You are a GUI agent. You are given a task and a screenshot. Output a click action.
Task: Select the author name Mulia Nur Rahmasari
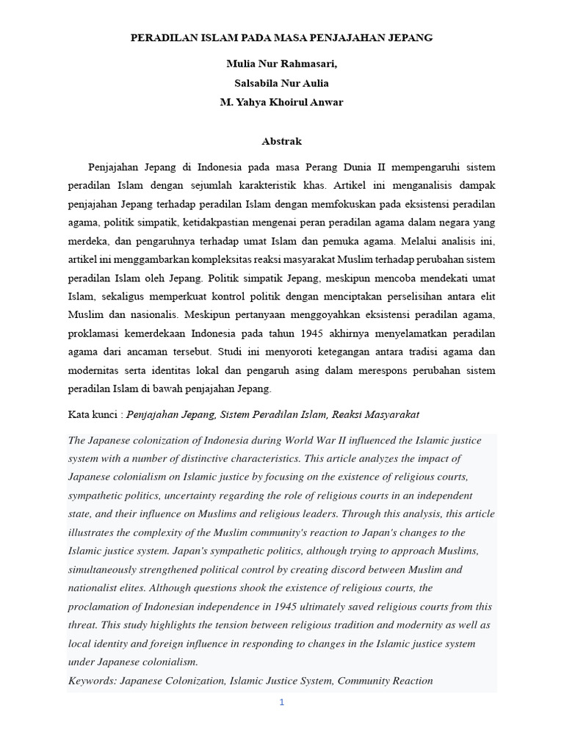coord(281,65)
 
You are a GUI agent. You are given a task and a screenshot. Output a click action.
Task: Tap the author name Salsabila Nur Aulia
coord(281,83)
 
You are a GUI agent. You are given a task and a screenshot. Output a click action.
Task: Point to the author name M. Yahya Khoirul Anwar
coord(281,102)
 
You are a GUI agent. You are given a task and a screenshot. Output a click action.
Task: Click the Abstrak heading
coord(281,140)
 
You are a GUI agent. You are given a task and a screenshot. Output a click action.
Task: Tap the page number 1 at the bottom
coord(281,702)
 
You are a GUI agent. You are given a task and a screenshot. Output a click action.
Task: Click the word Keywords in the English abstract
coord(93,681)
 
